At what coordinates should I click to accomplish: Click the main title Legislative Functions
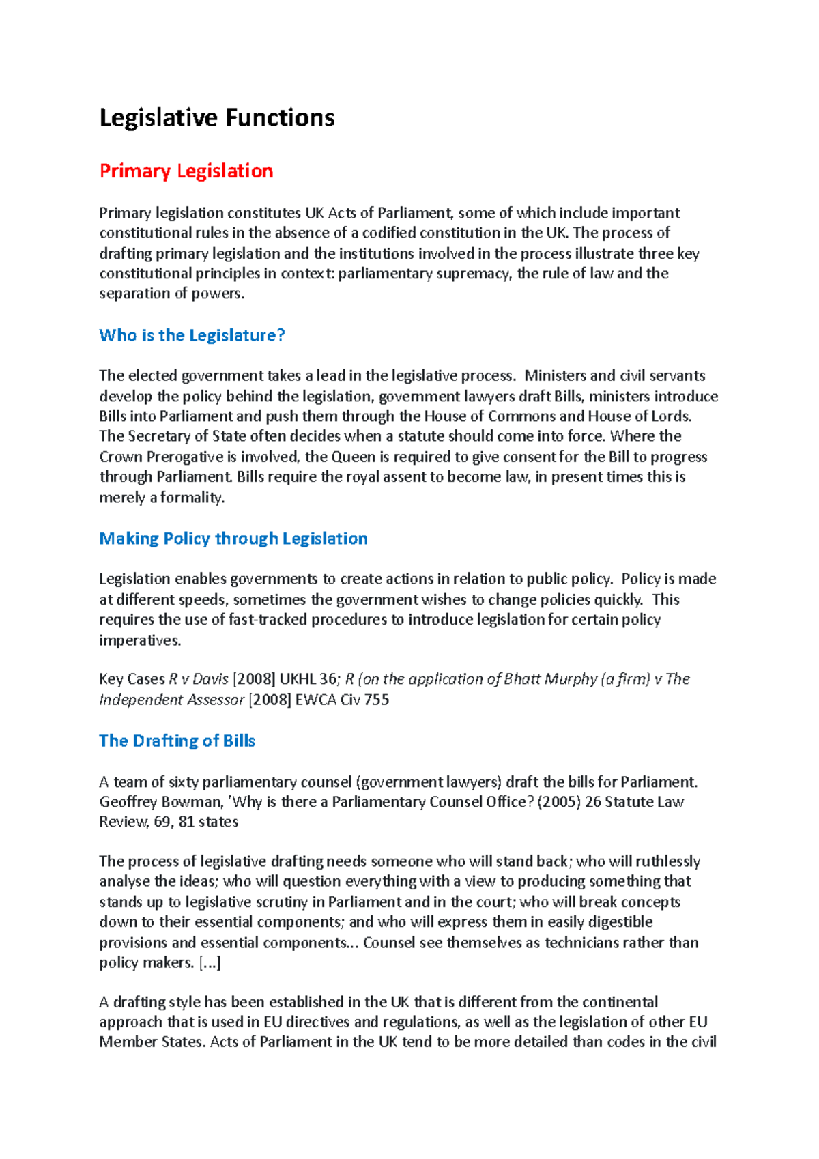click(x=217, y=118)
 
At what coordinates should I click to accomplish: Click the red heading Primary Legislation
click(x=186, y=171)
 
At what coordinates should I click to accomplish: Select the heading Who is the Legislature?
click(x=192, y=335)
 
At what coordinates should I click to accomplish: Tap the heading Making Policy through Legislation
click(x=233, y=539)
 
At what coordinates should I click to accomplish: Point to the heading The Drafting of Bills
click(x=177, y=741)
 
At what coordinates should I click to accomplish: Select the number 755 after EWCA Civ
click(x=377, y=700)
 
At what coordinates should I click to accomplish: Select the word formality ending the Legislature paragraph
click(x=192, y=498)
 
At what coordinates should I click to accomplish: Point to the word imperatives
click(x=139, y=640)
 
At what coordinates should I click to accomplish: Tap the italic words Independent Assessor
click(x=171, y=700)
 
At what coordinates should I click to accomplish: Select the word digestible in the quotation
click(x=619, y=922)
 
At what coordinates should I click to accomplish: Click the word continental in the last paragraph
click(x=618, y=1002)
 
